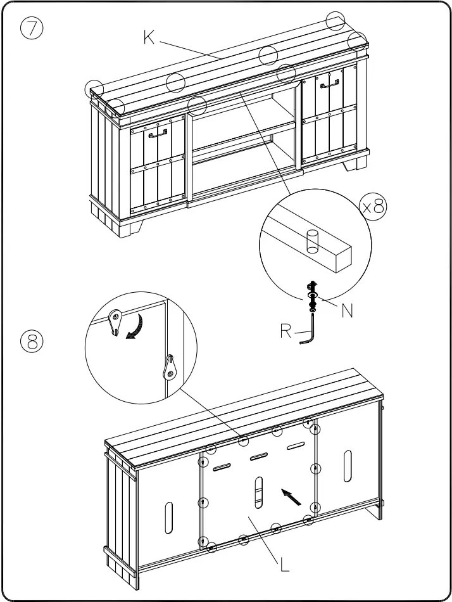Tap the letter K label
[149, 38]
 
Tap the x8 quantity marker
[373, 207]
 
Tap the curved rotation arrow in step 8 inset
[135, 325]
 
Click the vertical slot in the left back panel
[168, 518]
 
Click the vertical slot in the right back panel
[348, 467]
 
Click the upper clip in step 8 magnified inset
[115, 322]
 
